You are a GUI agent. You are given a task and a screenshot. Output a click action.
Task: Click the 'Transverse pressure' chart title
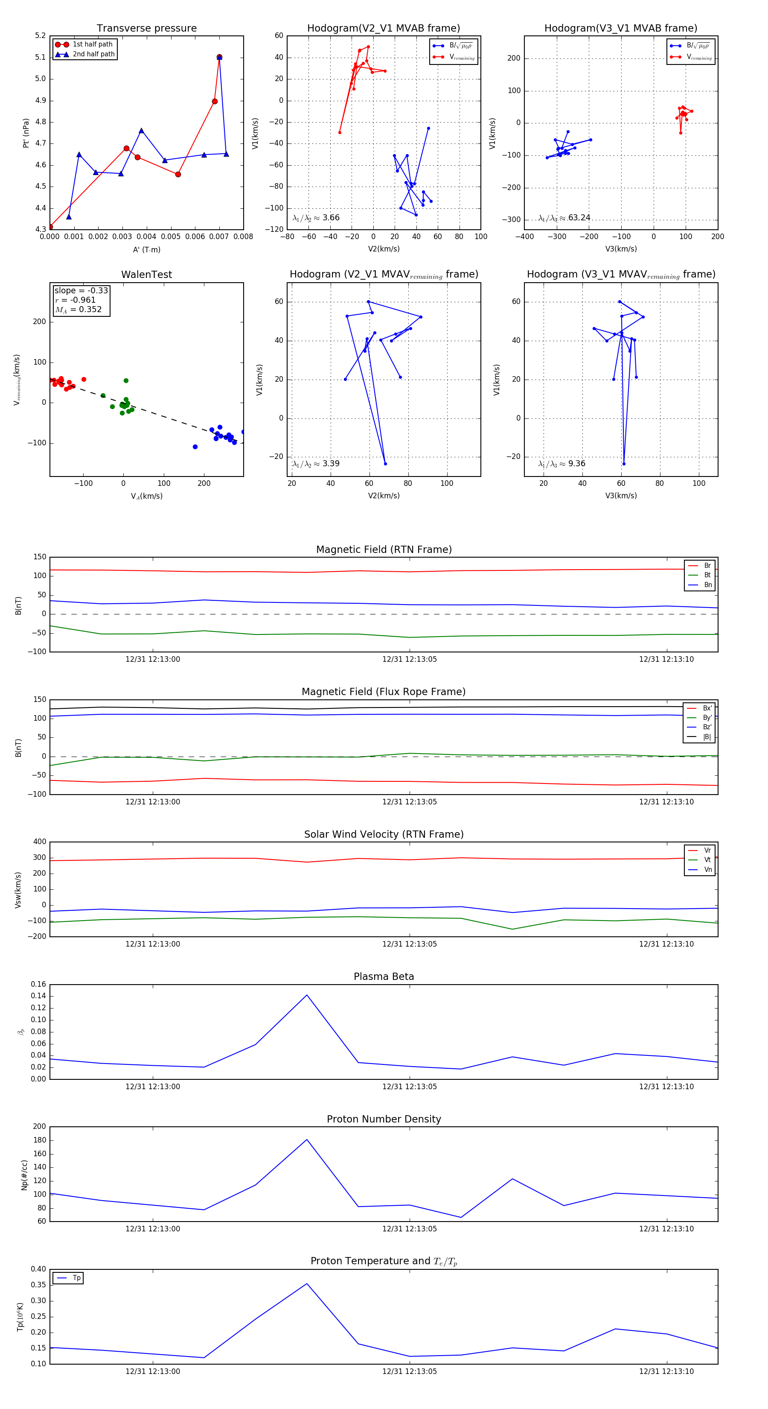[x=146, y=29]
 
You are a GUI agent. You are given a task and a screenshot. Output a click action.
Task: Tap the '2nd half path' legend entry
[x=93, y=54]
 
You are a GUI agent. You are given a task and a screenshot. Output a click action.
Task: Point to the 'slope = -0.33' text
[x=81, y=290]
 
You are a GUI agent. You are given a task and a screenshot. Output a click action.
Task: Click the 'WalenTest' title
[x=146, y=275]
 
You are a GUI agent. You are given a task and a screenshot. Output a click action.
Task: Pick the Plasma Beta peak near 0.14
[x=307, y=995]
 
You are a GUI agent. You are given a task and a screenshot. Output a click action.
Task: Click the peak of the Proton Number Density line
[x=307, y=1139]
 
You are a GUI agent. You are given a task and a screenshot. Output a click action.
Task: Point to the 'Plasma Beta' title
[x=384, y=976]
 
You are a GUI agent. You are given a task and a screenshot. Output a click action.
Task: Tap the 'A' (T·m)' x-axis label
[x=146, y=249]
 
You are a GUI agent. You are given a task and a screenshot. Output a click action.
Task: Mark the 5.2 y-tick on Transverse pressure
[x=41, y=35]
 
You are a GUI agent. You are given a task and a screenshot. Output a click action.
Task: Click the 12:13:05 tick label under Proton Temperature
[x=410, y=1371]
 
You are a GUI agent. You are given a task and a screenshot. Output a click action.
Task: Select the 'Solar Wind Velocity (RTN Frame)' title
[x=384, y=834]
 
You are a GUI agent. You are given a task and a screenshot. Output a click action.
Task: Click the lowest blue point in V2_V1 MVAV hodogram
[x=385, y=464]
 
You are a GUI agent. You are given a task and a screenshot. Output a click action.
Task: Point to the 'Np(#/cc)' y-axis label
[x=24, y=1174]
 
